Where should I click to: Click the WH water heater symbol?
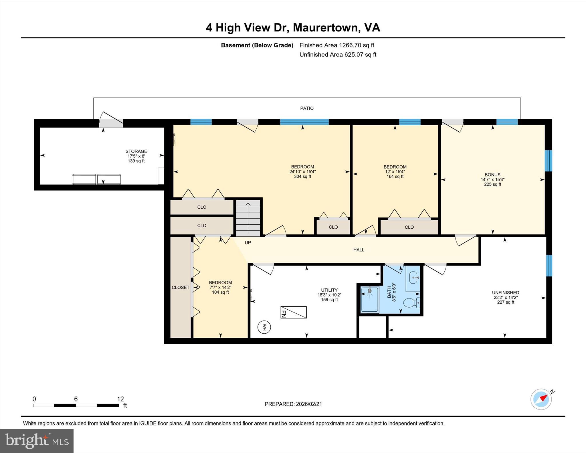(x=264, y=327)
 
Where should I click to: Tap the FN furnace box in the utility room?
(x=294, y=312)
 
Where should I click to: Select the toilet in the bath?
(x=411, y=302)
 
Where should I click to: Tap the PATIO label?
(x=307, y=108)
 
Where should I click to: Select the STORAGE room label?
(x=136, y=151)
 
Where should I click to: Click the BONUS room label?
(x=492, y=175)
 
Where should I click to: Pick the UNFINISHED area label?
(x=505, y=292)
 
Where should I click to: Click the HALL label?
(x=359, y=250)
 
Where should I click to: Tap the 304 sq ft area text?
(x=302, y=177)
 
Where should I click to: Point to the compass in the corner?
(x=541, y=399)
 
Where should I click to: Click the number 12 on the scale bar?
(x=120, y=399)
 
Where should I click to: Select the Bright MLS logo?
(x=37, y=441)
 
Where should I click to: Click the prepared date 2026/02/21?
(x=309, y=404)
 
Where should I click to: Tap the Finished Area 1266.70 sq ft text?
(x=337, y=45)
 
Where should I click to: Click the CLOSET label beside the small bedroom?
(x=181, y=287)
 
